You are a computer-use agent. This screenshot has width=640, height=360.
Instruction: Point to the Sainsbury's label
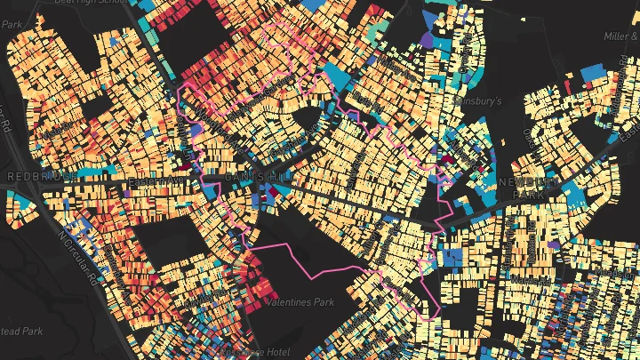point(478,101)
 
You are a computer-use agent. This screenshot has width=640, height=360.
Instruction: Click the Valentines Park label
point(300,302)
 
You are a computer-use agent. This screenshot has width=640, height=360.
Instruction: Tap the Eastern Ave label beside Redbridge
point(153,180)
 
